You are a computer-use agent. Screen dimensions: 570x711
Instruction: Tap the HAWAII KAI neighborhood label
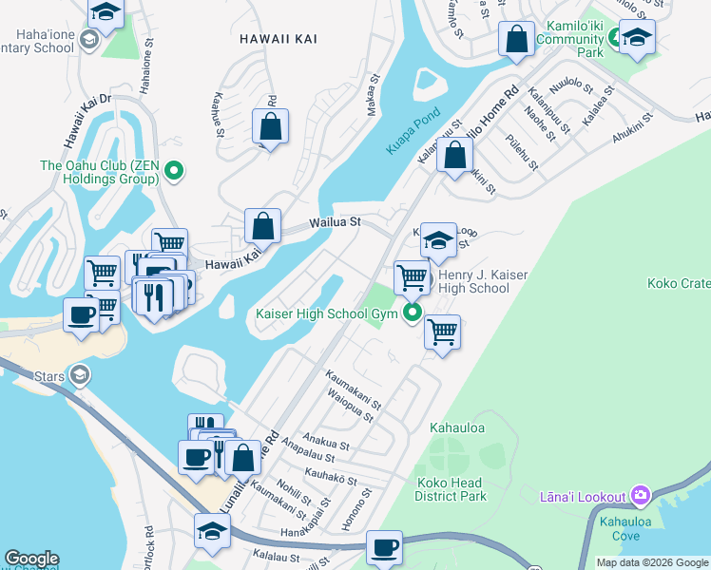[277, 38]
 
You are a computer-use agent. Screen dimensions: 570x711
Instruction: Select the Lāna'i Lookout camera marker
[639, 496]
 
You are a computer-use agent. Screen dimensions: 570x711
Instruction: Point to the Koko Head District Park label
[451, 489]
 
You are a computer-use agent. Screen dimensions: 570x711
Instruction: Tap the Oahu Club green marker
[173, 171]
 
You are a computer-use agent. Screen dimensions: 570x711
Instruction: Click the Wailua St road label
[334, 222]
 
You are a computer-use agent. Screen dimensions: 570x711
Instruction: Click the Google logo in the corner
[31, 559]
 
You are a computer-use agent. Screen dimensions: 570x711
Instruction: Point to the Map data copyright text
[651, 562]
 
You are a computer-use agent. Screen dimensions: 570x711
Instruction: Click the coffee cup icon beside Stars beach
[82, 314]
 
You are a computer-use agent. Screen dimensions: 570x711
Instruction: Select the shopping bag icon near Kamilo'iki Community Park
[517, 40]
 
